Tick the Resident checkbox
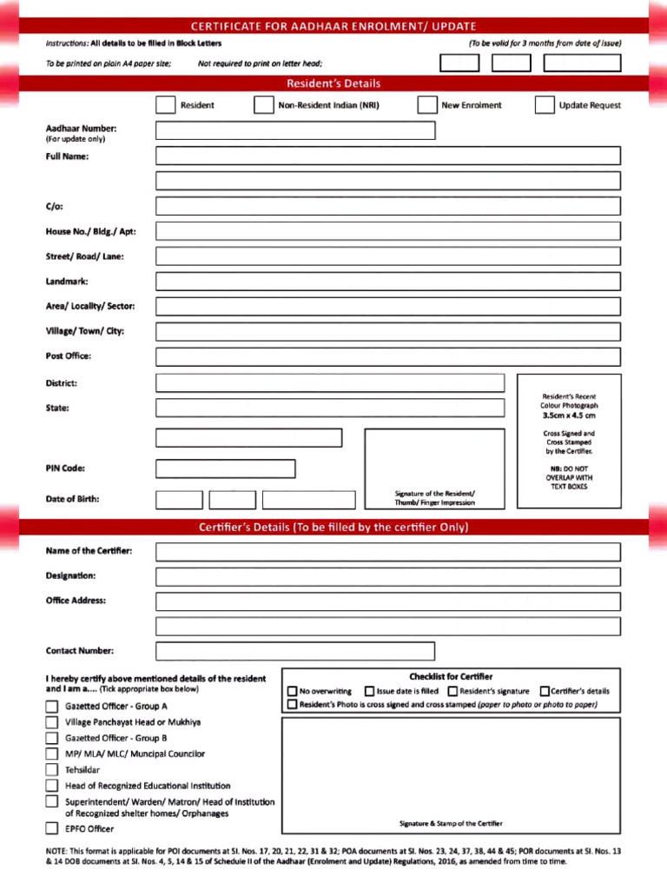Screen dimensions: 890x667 point(165,105)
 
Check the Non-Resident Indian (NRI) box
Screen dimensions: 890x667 point(263,105)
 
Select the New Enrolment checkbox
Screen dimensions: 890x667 point(426,105)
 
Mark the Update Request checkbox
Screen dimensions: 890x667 point(544,105)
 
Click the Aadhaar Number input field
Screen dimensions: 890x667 point(295,130)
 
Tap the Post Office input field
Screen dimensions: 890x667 point(388,356)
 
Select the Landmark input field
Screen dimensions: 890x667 point(388,282)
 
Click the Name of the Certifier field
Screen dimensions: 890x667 point(388,552)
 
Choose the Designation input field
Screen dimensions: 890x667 point(388,576)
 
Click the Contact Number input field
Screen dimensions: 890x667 point(295,651)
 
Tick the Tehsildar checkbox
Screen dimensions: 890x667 point(53,770)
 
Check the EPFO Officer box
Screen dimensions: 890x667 point(53,828)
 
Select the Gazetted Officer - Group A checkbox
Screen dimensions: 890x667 point(53,707)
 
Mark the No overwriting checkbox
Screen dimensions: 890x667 point(292,692)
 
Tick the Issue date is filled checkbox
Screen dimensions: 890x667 point(370,692)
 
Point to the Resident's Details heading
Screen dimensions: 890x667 point(333,83)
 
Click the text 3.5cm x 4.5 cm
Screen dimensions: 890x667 point(569,415)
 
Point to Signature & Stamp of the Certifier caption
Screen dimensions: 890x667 point(450,823)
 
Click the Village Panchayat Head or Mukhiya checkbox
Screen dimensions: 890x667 point(53,722)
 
